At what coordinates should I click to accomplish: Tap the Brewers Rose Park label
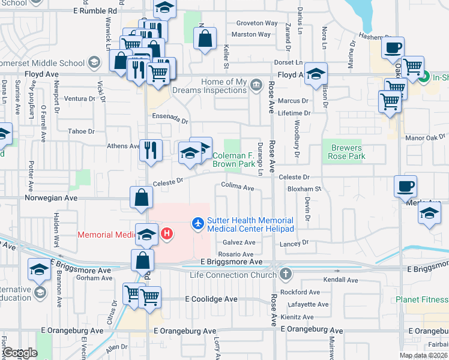[346, 152]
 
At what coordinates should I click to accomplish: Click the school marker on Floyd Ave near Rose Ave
[315, 74]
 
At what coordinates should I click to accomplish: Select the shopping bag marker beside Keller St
[205, 39]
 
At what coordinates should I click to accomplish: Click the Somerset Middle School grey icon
[94, 62]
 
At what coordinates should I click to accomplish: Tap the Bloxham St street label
[305, 188]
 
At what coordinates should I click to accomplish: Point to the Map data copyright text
[423, 355]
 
